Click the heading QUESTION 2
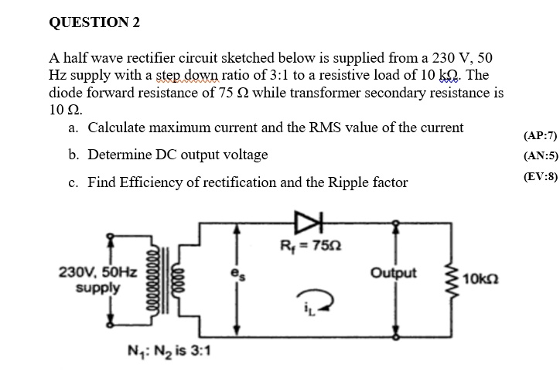[94, 22]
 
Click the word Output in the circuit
[393, 273]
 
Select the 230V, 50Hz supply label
[97, 279]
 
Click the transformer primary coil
[159, 281]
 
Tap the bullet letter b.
[72, 155]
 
